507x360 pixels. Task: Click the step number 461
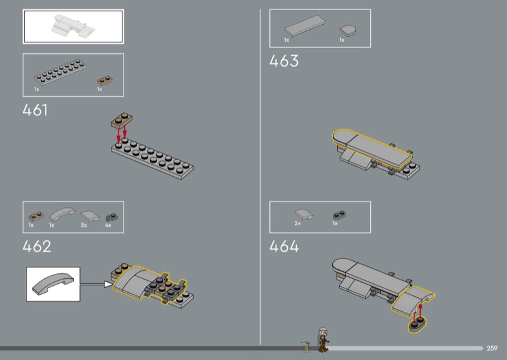point(35,110)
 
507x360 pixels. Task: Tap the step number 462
point(37,247)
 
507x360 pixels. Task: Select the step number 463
point(284,61)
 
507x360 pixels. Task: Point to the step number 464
point(284,247)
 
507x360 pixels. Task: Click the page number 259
point(492,348)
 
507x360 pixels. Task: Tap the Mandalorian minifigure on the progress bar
point(323,339)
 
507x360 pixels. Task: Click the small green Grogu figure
point(305,347)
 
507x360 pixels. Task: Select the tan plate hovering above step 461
point(122,120)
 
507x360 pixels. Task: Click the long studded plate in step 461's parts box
point(60,72)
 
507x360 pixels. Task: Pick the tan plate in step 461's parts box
point(105,80)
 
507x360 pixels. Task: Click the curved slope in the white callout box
point(53,284)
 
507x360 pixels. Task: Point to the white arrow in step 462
point(96,285)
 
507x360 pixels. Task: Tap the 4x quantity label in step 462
point(108,225)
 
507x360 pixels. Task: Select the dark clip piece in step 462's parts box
point(112,217)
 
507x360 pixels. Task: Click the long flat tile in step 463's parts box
point(305,25)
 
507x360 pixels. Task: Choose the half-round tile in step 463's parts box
point(348,30)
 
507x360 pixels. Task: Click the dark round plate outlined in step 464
point(417,325)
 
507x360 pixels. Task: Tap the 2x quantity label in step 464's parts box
point(297,224)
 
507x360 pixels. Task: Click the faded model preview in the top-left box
point(73,27)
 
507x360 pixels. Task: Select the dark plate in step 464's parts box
point(339,215)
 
